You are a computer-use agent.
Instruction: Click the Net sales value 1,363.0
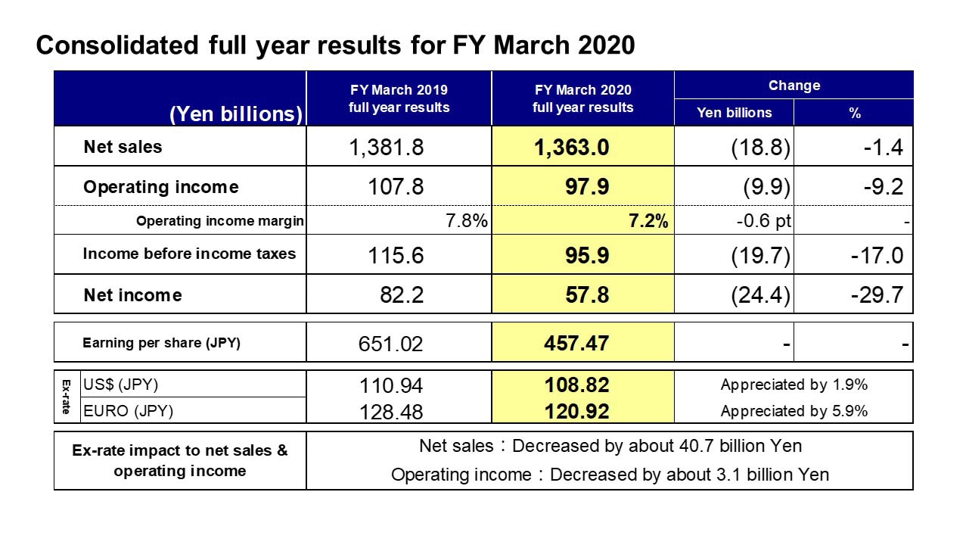571,147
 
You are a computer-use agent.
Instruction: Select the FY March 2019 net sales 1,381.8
387,147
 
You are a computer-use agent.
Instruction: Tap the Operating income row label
161,187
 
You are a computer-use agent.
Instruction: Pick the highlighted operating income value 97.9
587,187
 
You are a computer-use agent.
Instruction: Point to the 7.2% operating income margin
648,221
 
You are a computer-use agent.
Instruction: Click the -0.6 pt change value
764,221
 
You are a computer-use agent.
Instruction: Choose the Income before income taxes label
189,254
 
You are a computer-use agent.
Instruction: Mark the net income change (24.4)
760,295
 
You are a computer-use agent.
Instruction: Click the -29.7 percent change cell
877,295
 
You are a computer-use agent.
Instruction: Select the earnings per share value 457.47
576,344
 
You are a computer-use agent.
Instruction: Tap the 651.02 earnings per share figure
390,344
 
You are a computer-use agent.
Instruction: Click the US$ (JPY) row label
121,385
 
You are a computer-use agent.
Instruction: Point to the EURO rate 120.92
576,411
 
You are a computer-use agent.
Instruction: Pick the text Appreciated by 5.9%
794,411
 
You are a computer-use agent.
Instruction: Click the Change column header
794,86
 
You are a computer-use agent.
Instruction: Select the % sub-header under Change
855,113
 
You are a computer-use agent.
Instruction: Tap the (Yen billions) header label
236,114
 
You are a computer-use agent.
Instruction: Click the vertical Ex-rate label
66,397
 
